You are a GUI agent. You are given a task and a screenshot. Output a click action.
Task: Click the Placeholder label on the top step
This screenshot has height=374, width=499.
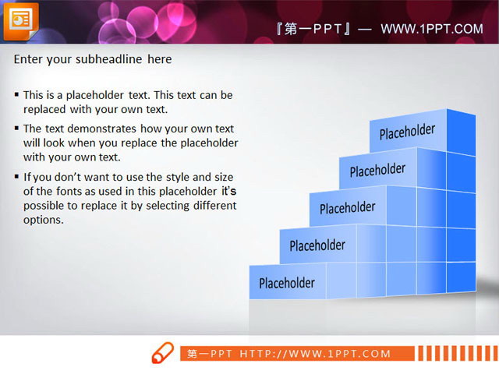pyautogui.click(x=407, y=132)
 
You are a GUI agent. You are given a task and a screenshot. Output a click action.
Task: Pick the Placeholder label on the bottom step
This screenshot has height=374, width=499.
pyautogui.click(x=287, y=283)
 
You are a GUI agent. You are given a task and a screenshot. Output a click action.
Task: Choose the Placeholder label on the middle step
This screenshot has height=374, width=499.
pyautogui.click(x=347, y=208)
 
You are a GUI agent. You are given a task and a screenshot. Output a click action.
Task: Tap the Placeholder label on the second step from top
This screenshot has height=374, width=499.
pyautogui.click(x=377, y=170)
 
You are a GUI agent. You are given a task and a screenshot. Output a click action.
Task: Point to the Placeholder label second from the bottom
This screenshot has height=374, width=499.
pyautogui.click(x=317, y=245)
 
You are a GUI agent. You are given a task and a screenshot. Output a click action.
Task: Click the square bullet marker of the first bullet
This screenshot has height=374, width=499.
pyautogui.click(x=17, y=95)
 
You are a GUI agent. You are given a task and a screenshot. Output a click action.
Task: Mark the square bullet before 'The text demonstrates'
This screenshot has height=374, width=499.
pyautogui.click(x=17, y=129)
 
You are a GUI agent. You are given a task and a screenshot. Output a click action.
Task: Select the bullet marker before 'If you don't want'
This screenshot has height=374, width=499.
pyautogui.click(x=17, y=177)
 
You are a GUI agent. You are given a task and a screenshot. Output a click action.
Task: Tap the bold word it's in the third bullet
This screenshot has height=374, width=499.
pyautogui.click(x=228, y=191)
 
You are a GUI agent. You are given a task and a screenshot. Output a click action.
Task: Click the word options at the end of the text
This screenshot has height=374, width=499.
pyautogui.click(x=43, y=220)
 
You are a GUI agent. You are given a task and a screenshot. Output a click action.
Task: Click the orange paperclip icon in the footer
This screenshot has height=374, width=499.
pyautogui.click(x=162, y=353)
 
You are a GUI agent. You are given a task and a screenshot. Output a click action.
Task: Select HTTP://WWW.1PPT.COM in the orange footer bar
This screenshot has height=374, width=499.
pyautogui.click(x=315, y=354)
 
